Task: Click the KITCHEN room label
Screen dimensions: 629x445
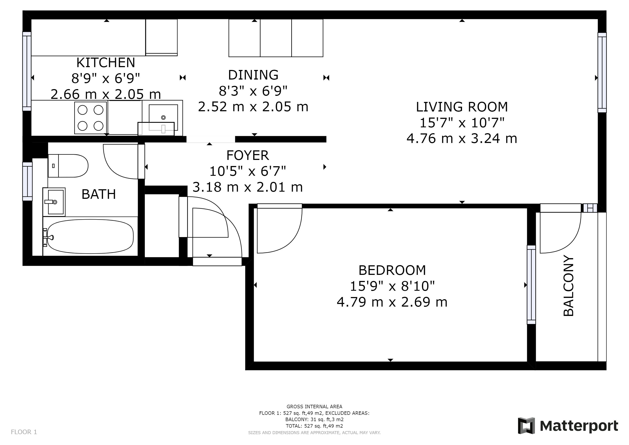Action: pyautogui.click(x=106, y=63)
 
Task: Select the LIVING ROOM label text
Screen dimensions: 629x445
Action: pyautogui.click(x=462, y=107)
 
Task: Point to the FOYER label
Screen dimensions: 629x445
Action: pyautogui.click(x=248, y=155)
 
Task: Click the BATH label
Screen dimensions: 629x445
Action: pyautogui.click(x=99, y=194)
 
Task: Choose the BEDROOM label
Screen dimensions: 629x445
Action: pyautogui.click(x=392, y=270)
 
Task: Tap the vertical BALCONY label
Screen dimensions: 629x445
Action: pyautogui.click(x=568, y=286)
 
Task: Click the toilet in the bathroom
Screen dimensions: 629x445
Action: pyautogui.click(x=68, y=166)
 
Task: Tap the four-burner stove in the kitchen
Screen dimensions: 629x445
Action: pyautogui.click(x=90, y=118)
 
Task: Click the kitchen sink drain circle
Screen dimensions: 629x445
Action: pyautogui.click(x=163, y=118)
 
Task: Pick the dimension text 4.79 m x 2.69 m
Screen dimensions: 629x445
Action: pyautogui.click(x=392, y=302)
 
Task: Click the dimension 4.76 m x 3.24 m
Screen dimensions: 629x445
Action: pyautogui.click(x=462, y=138)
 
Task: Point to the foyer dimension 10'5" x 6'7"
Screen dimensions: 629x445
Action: pyautogui.click(x=248, y=171)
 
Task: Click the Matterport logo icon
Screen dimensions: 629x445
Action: pyautogui.click(x=526, y=426)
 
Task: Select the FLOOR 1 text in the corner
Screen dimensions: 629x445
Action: pyautogui.click(x=24, y=432)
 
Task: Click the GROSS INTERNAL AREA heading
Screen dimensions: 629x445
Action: pyautogui.click(x=314, y=407)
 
